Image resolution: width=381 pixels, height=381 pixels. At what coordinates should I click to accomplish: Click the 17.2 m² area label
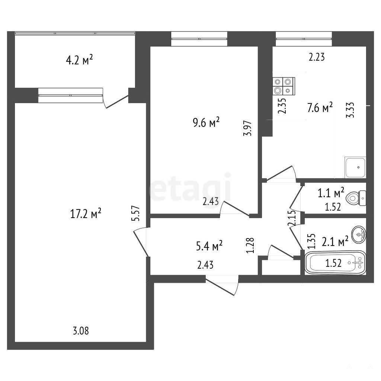point(86,214)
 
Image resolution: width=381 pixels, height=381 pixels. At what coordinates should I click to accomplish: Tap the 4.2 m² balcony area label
point(80,60)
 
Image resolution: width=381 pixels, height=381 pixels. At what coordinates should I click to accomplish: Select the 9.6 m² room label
point(206,123)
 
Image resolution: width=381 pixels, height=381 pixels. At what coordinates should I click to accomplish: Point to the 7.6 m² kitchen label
point(320,108)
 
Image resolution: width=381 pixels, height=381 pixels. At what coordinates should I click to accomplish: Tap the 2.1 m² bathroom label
point(335,241)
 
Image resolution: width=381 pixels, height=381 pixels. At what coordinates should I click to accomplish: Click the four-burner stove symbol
point(284,86)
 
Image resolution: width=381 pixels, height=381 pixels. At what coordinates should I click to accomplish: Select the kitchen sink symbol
point(355,167)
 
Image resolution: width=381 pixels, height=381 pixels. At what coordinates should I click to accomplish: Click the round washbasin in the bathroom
point(358,234)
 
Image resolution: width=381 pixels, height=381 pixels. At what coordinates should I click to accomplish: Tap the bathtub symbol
point(335,263)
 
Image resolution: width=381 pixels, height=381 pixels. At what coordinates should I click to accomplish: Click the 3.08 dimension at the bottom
point(81,331)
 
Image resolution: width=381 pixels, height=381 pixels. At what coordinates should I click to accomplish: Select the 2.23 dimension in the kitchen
point(317,57)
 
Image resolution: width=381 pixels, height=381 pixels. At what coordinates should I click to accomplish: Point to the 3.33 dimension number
point(350,110)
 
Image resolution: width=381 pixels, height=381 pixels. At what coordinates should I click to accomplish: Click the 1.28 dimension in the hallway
point(250,246)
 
